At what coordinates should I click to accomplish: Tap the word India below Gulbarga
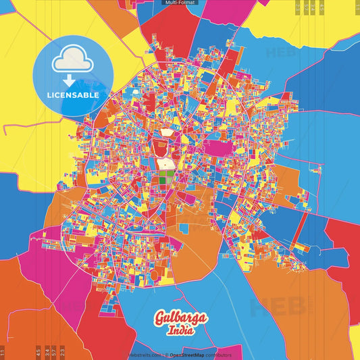coord(182,331)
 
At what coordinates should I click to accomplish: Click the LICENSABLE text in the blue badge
coord(73,95)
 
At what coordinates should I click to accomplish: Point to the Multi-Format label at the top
coord(180,3)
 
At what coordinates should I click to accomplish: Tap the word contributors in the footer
coord(218,355)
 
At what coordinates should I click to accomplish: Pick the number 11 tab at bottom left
coord(3,352)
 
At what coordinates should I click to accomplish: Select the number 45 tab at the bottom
coord(38,352)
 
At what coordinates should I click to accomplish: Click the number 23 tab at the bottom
coord(62,352)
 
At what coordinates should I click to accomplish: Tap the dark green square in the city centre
coord(164,177)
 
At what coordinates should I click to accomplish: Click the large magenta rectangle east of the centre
coord(216,148)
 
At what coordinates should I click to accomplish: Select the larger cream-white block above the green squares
coord(164,163)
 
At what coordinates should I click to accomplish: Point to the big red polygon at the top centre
coord(169,30)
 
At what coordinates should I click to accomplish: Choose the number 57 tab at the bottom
coord(54,352)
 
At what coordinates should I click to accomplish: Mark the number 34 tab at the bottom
coord(47,352)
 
